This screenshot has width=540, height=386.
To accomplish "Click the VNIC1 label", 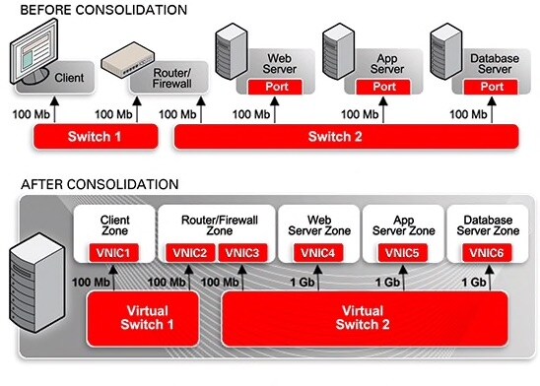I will (x=115, y=254).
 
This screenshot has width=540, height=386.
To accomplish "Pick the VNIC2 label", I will (x=192, y=254).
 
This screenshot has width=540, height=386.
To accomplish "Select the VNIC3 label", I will (x=239, y=254).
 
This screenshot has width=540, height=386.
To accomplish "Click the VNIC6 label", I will (x=488, y=254).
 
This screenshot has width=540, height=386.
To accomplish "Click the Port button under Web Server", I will (x=277, y=87).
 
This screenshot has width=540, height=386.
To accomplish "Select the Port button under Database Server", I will (x=491, y=87).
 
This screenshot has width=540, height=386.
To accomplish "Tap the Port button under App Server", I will (x=384, y=87).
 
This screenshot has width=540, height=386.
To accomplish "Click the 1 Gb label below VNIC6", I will (x=477, y=283).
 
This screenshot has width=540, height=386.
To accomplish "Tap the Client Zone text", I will (x=117, y=224).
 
